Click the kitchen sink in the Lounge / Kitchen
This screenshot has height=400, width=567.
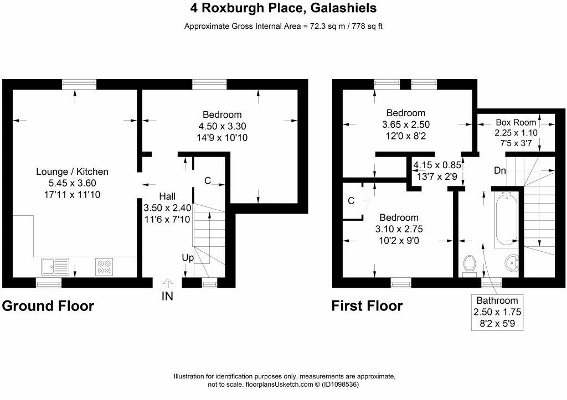click(x=54, y=267)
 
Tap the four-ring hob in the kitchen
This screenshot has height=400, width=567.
click(x=103, y=267)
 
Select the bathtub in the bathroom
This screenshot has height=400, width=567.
click(x=506, y=219)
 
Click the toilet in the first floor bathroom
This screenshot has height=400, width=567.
click(x=470, y=264)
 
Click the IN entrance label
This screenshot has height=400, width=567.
click(x=167, y=296)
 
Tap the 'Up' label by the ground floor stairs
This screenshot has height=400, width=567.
click(x=188, y=257)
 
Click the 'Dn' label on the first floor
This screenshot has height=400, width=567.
click(x=499, y=170)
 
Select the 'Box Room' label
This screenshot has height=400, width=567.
click(x=516, y=122)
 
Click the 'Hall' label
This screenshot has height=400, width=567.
click(x=168, y=196)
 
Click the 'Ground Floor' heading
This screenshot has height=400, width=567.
click(x=48, y=306)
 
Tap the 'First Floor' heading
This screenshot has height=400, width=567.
click(x=367, y=306)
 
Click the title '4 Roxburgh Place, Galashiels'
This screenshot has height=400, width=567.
click(x=283, y=8)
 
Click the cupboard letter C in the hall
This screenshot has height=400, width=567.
click(x=207, y=180)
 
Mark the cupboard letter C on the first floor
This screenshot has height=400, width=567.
click(x=350, y=201)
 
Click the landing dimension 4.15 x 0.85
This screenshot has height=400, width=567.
click(x=436, y=165)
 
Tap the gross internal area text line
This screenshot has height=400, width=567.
click(x=283, y=27)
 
